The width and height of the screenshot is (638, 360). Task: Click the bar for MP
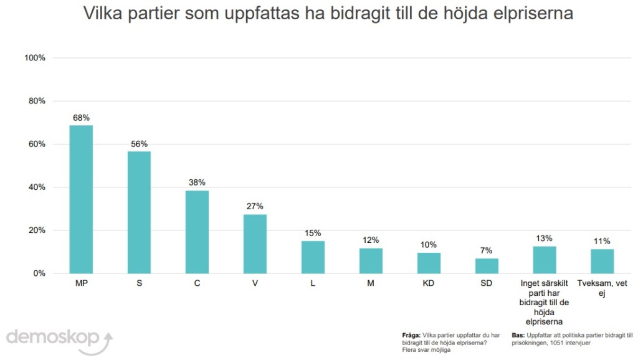[x=81, y=199]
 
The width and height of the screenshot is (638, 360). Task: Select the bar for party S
[x=139, y=212]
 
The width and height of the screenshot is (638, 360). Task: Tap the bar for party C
[x=197, y=232]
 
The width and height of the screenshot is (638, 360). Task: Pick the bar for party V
[x=255, y=244]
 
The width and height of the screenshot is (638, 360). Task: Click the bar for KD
[x=429, y=263]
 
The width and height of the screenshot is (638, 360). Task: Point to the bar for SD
[x=487, y=266]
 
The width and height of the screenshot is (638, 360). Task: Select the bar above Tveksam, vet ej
[x=602, y=261]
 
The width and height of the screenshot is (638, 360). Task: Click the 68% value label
[x=81, y=117]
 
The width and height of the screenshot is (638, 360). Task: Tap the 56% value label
[x=139, y=144]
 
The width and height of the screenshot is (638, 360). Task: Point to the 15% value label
[x=313, y=233]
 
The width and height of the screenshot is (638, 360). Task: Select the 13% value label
[x=544, y=238]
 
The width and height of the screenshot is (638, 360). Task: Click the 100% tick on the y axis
[x=35, y=58]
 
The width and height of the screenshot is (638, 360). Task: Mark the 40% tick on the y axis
[x=37, y=187]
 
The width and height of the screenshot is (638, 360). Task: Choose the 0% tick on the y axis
[x=39, y=273]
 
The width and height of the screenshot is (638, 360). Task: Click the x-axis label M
[x=371, y=283]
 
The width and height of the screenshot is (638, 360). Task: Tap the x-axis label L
[x=313, y=283]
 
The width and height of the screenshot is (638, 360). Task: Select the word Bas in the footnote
[x=517, y=335]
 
